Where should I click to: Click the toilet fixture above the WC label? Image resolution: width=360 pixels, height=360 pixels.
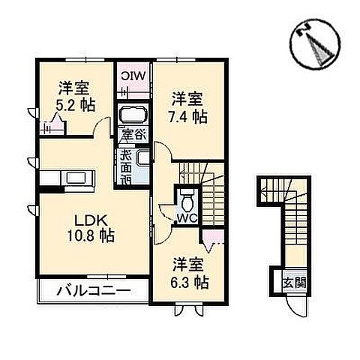[x=187, y=199]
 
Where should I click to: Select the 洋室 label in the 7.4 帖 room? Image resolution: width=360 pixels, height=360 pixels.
[x=187, y=99]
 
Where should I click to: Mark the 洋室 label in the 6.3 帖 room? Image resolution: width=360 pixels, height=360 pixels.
[x=188, y=265]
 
